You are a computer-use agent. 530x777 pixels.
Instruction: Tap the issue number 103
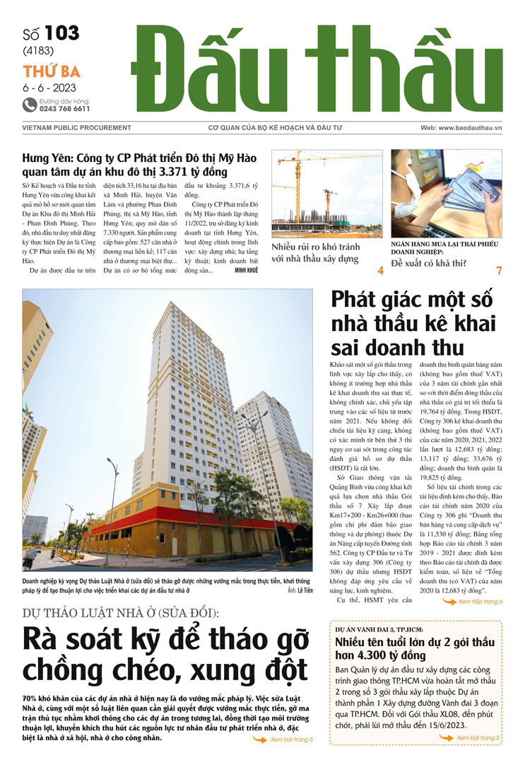[x=61, y=33]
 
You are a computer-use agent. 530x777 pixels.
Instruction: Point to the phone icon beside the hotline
[x=29, y=105]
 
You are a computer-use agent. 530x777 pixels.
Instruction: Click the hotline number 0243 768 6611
[x=64, y=109]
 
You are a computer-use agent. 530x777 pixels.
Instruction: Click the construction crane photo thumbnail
[x=326, y=193]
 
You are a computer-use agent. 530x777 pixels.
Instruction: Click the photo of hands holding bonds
[x=447, y=193]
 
